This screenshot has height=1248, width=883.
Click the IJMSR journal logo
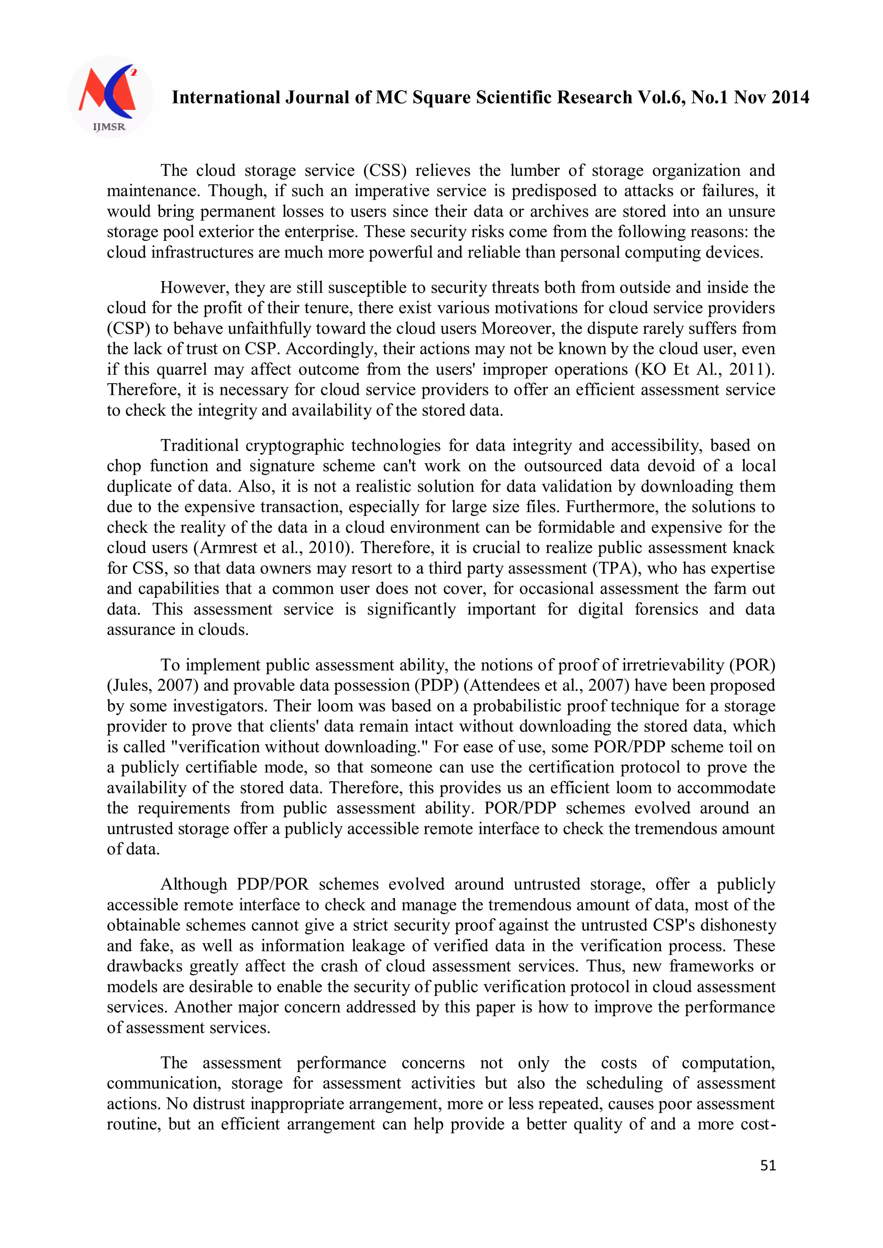click(110, 96)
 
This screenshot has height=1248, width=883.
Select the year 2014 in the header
click(790, 97)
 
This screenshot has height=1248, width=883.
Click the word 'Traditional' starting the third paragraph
click(199, 445)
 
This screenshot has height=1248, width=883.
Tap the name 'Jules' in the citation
click(130, 686)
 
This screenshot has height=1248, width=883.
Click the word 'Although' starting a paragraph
click(194, 884)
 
